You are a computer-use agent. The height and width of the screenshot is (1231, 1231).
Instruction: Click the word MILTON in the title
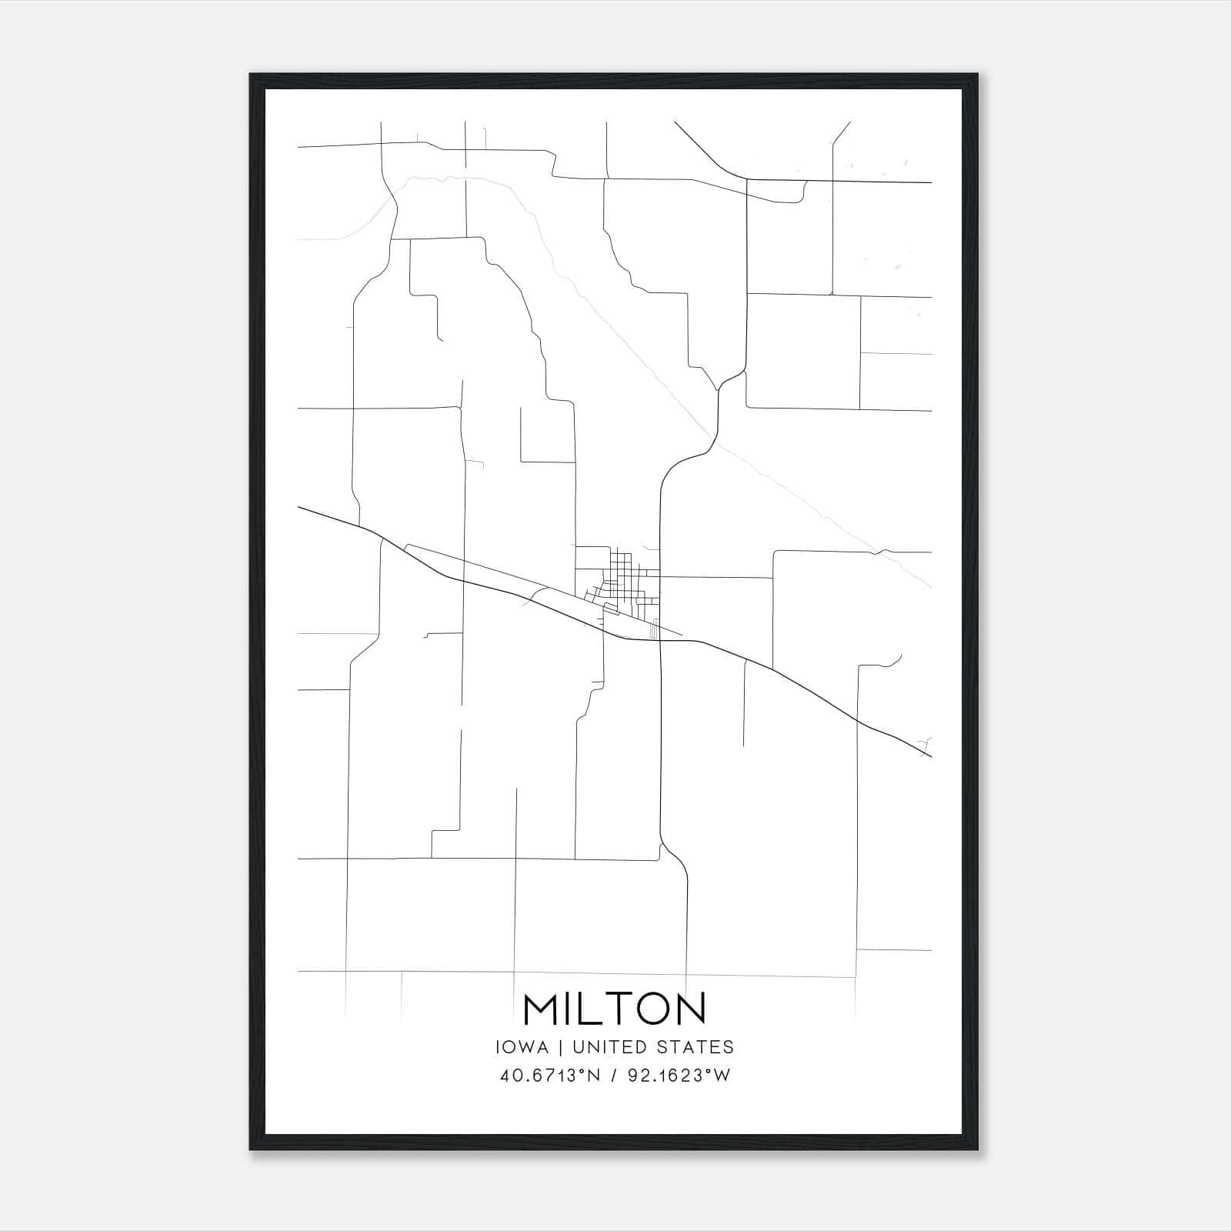[x=614, y=1009]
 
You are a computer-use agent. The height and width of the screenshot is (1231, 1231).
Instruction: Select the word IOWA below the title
[x=523, y=1047]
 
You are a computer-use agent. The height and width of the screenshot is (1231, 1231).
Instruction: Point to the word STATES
[x=697, y=1047]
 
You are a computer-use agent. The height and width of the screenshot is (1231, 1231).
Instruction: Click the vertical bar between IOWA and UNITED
[x=560, y=1047]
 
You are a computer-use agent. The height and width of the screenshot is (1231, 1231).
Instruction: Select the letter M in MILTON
[x=542, y=1009]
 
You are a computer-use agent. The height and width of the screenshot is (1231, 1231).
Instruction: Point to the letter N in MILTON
[x=690, y=1009]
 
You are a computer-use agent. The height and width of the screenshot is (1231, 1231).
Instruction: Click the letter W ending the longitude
[x=722, y=1076]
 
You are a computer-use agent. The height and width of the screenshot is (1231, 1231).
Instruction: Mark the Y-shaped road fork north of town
[x=718, y=389]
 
